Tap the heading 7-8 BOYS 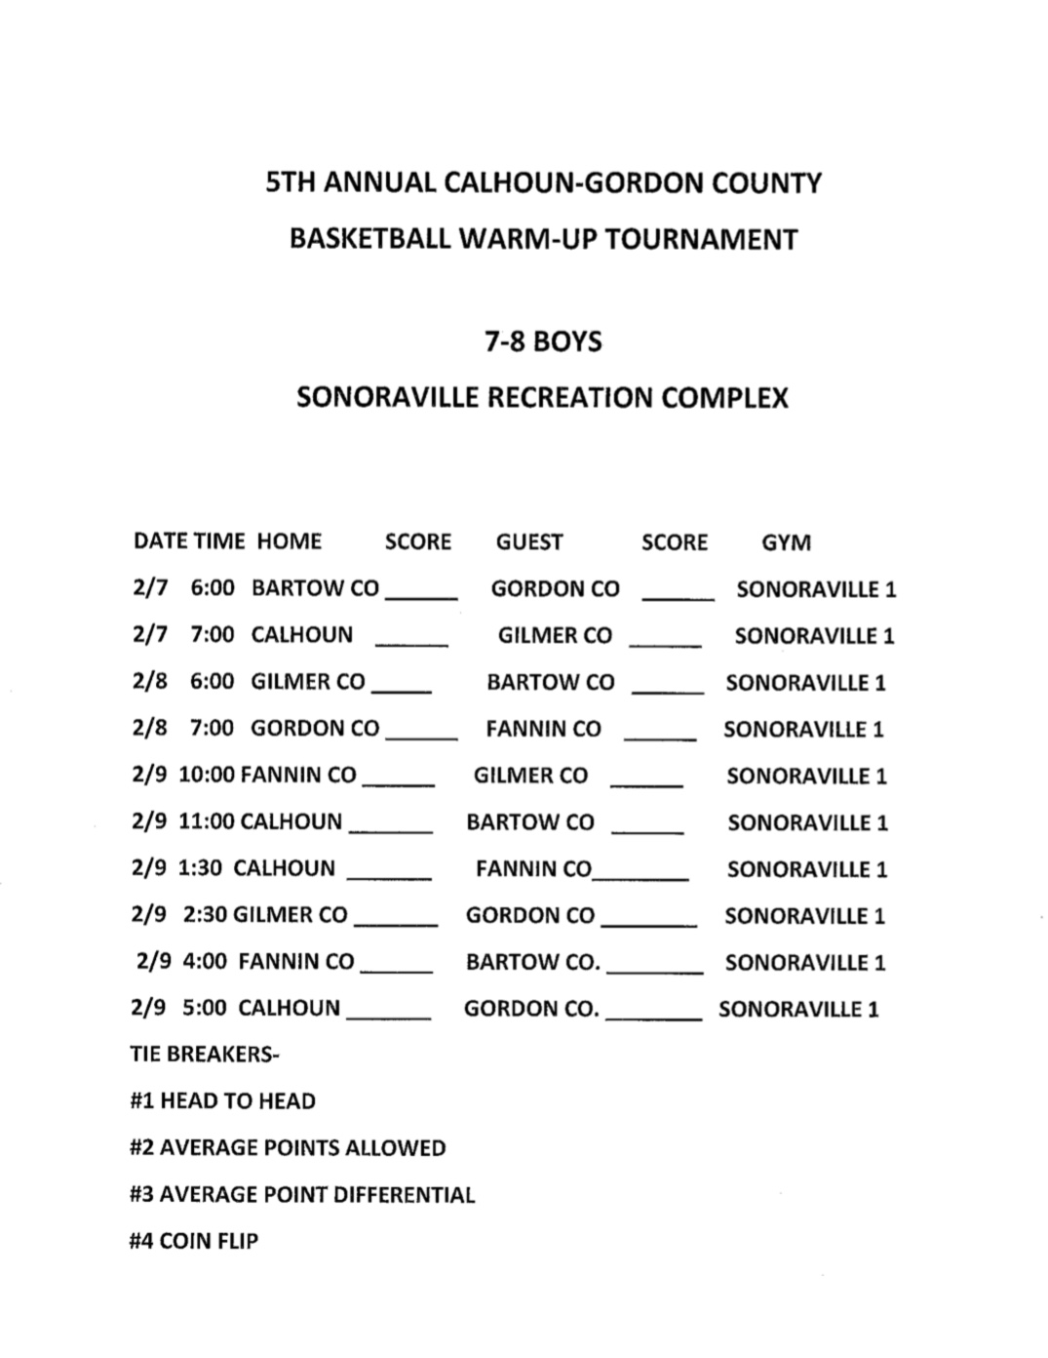(543, 342)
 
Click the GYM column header (786, 542)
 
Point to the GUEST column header (529, 542)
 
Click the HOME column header (290, 541)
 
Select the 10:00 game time (207, 776)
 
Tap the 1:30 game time (200, 868)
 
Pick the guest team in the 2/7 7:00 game (555, 636)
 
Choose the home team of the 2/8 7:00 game (315, 729)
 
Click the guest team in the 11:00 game (529, 822)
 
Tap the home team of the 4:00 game (296, 962)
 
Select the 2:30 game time (205, 915)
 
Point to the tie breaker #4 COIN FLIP (194, 1242)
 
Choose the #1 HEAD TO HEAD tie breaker (222, 1101)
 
